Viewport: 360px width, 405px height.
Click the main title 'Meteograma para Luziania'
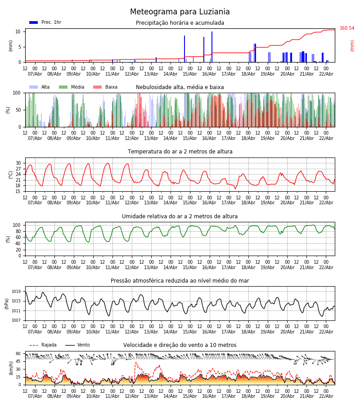[180, 12]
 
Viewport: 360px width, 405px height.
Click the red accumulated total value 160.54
[347, 28]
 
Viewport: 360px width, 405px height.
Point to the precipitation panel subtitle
[180, 23]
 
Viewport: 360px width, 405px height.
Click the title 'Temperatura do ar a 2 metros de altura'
[180, 152]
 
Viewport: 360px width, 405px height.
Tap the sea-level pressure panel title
[180, 281]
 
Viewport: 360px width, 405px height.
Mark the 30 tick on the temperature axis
[18, 163]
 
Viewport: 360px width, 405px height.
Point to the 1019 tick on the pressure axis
[16, 292]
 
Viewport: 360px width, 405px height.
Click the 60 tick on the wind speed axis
[18, 354]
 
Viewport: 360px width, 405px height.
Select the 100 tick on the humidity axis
[17, 225]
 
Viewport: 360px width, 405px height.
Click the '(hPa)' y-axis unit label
[7, 303]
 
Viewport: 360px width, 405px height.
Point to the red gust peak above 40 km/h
[135, 362]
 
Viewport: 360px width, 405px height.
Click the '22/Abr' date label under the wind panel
[326, 396]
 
